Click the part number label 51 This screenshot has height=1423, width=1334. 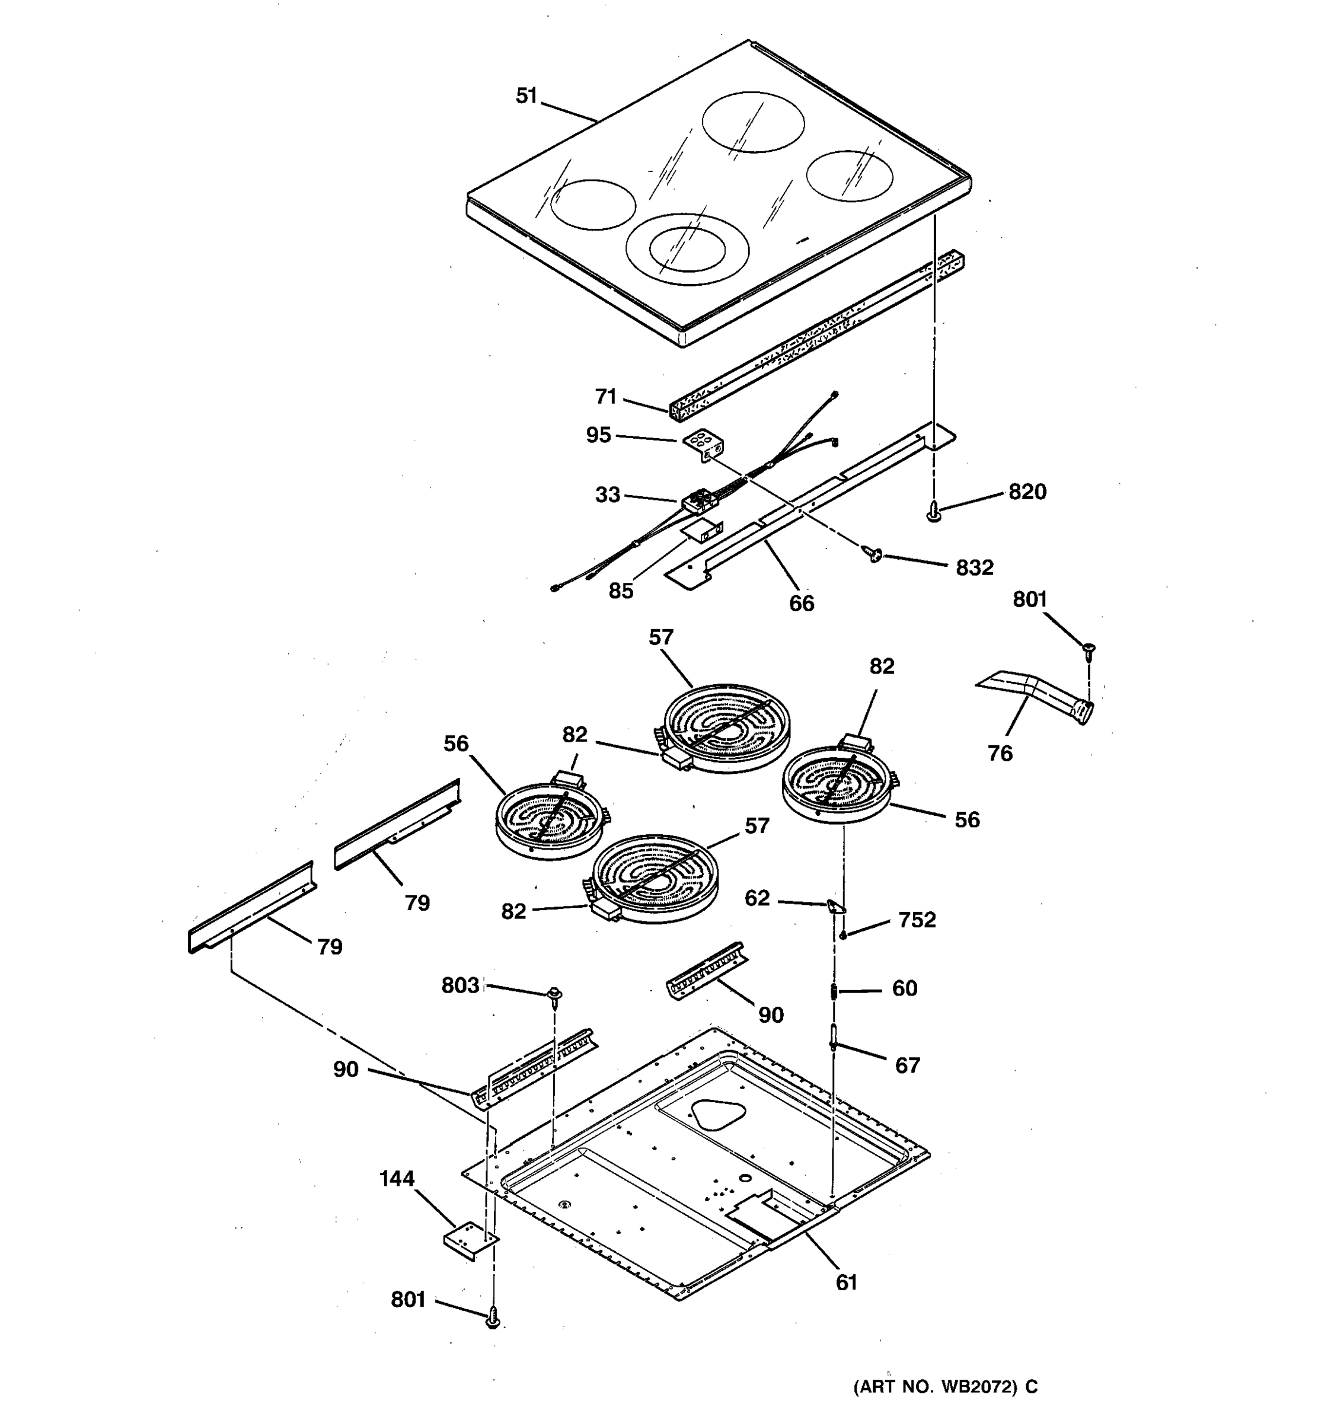pyautogui.click(x=526, y=96)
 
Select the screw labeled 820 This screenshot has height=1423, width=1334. pyautogui.click(x=933, y=511)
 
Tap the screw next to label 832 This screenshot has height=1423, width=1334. pyautogui.click(x=874, y=553)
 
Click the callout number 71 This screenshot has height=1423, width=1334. pyautogui.click(x=605, y=397)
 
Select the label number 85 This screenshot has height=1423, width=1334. pyautogui.click(x=621, y=591)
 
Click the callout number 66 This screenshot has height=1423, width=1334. pyautogui.click(x=802, y=604)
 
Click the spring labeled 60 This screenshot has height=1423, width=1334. pyautogui.click(x=834, y=992)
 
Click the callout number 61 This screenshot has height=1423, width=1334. pyautogui.click(x=846, y=1282)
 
